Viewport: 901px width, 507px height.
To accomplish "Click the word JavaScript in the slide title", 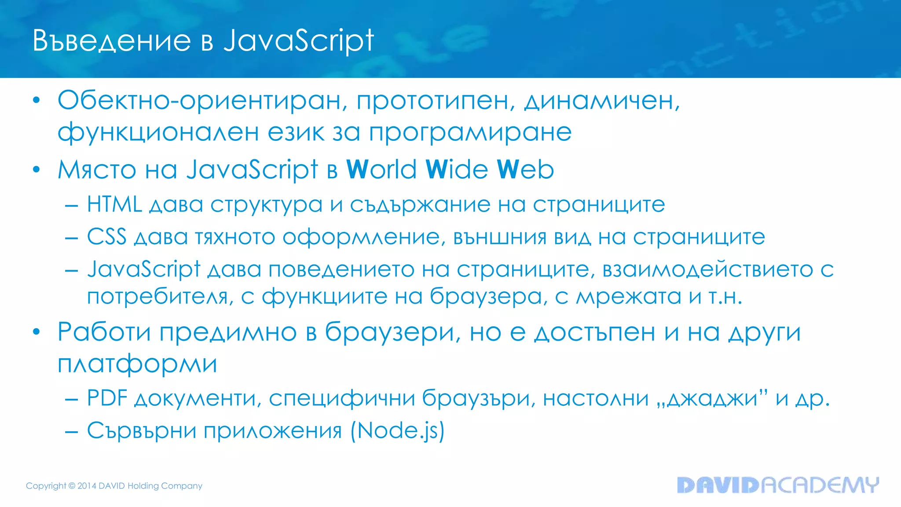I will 299,41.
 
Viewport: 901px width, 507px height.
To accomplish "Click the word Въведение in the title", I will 112,41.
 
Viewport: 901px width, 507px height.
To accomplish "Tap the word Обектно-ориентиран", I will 200,101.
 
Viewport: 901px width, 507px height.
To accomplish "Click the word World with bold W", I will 381,169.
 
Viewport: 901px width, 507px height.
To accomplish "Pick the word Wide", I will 457,169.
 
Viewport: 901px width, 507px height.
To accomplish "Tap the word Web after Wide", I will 525,169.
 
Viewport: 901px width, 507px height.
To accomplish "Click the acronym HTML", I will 114,204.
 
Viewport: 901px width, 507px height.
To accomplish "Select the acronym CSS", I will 107,237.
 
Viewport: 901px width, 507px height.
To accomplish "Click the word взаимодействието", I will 707,269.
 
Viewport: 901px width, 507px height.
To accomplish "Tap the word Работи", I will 104,332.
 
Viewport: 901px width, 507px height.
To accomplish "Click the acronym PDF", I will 107,398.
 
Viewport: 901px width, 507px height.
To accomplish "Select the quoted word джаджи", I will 712,398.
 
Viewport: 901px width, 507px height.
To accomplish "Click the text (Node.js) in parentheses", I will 398,430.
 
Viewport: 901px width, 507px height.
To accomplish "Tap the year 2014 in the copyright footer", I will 87,486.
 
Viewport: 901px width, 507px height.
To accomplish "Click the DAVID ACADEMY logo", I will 778,485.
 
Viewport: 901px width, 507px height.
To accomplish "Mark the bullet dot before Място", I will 37,169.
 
